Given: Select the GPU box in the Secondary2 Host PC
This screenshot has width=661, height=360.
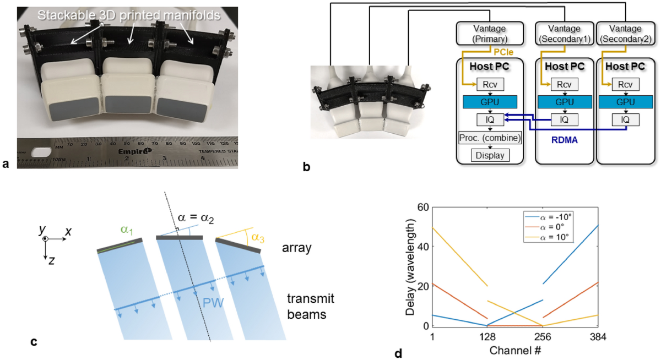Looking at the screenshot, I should pyautogui.click(x=624, y=102).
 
